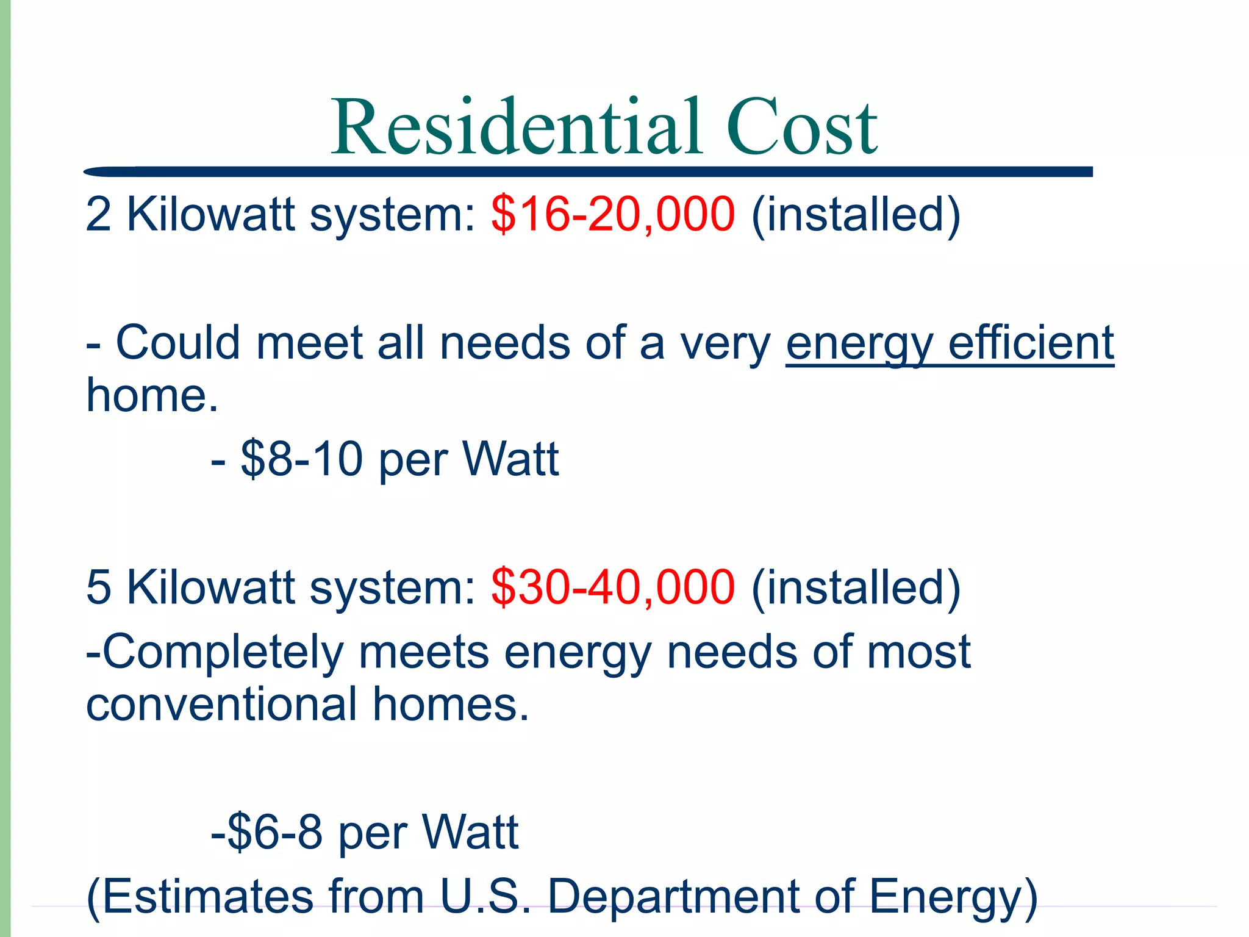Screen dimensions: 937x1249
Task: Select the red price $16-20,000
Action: (x=613, y=214)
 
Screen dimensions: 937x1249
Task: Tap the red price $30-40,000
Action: (x=613, y=587)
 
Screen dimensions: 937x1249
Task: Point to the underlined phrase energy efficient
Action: (x=950, y=344)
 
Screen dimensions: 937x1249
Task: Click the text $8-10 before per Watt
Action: (x=302, y=459)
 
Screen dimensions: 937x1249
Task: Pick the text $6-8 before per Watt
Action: (x=274, y=832)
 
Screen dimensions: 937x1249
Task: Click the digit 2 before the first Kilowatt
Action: (x=98, y=215)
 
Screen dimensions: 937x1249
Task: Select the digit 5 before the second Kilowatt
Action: (x=98, y=587)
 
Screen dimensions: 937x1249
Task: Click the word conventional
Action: (x=221, y=705)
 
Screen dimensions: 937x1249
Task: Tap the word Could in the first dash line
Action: (x=178, y=343)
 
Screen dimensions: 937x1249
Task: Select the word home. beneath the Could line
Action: (x=152, y=395)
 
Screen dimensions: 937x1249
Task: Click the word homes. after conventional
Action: (x=451, y=705)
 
